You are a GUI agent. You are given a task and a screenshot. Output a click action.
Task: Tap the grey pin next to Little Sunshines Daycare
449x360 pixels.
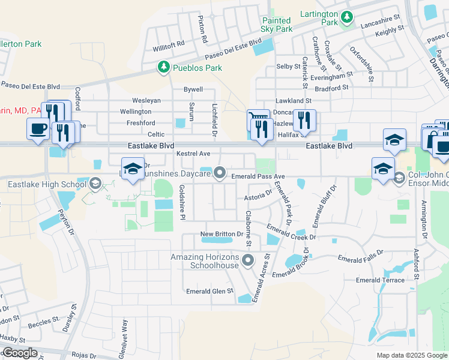pyautogui.click(x=220, y=174)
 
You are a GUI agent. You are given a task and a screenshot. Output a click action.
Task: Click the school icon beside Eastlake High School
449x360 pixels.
pyautogui.click(x=95, y=184)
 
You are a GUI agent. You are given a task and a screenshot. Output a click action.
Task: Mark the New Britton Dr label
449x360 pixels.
pyautogui.click(x=220, y=233)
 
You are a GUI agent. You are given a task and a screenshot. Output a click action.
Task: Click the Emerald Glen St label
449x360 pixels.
pyautogui.click(x=209, y=291)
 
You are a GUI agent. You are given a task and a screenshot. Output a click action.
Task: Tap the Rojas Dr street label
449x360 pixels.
pyautogui.click(x=84, y=355)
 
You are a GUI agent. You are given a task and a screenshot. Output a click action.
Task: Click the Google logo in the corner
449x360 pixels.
pyautogui.click(x=19, y=353)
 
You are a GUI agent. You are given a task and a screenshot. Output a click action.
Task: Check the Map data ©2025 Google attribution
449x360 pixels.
pyautogui.click(x=411, y=355)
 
